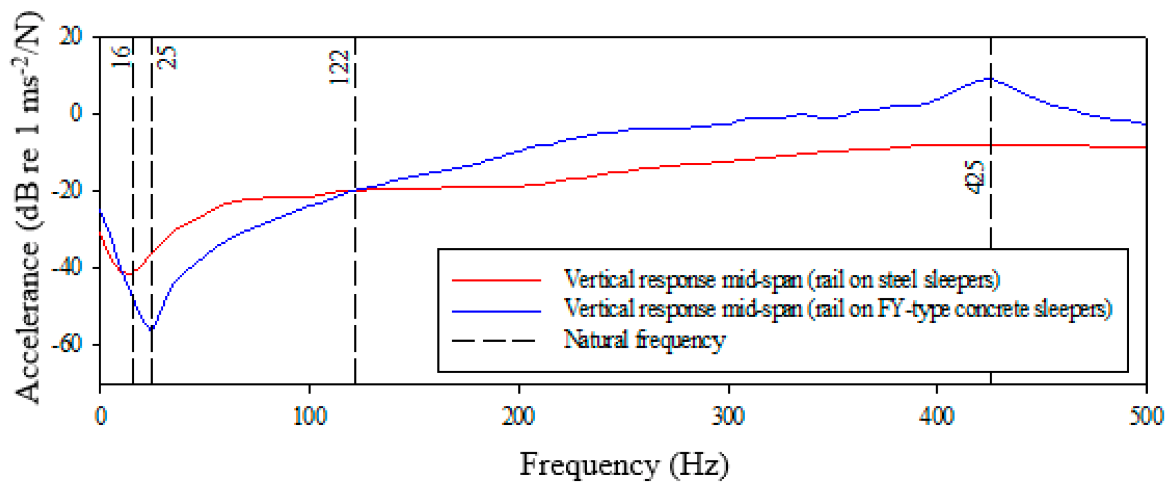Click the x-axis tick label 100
click(309, 417)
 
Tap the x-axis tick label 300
click(729, 417)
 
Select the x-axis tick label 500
click(1146, 417)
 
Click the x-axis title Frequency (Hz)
click(624, 465)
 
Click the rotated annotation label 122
click(339, 67)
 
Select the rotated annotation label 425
click(975, 177)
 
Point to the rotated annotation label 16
click(121, 57)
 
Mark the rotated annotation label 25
click(167, 57)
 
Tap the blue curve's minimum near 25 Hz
click(151, 329)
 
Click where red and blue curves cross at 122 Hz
click(355, 191)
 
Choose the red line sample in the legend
click(496, 281)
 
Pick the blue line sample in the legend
click(496, 311)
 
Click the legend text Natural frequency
click(645, 340)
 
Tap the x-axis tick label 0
click(100, 417)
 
